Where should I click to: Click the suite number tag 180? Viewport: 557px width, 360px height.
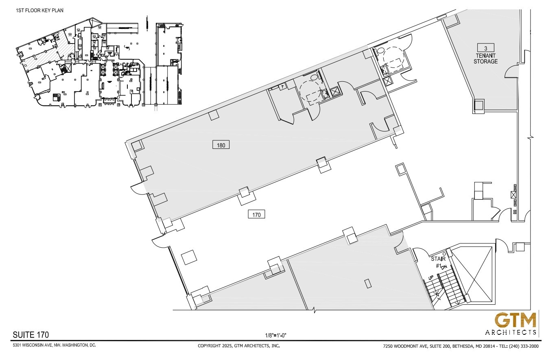(221, 145)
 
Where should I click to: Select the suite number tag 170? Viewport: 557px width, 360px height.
(256, 214)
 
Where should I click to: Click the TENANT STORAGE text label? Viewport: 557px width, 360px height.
(485, 59)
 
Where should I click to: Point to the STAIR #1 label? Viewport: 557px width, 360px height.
(439, 262)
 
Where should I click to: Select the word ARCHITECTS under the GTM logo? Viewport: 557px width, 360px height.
(511, 332)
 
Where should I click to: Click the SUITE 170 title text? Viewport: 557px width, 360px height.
(31, 335)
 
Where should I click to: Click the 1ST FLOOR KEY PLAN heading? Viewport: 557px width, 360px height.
(39, 10)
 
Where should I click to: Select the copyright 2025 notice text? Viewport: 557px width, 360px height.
(238, 346)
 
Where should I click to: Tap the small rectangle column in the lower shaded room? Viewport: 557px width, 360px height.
(368, 283)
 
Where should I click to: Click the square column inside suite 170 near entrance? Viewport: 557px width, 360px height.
(188, 257)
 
